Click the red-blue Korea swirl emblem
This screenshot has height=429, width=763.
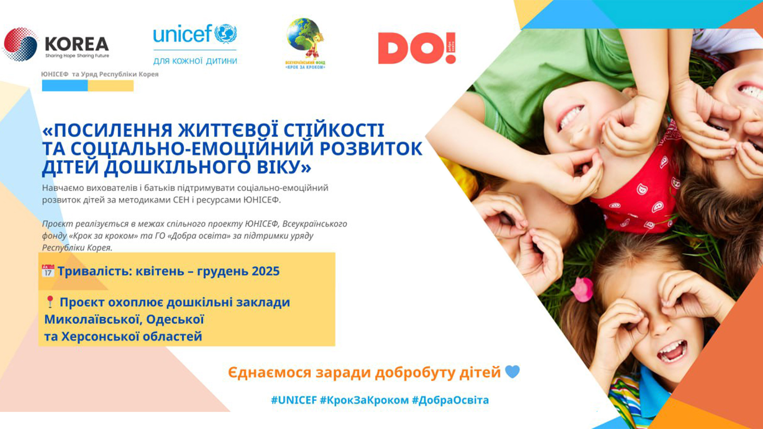[20, 44]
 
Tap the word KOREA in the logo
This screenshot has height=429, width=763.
[77, 44]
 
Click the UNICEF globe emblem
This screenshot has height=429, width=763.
[226, 33]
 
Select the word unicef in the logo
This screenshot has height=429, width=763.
[182, 34]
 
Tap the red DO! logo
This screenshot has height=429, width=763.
[417, 48]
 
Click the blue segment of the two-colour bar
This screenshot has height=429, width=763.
[65, 85]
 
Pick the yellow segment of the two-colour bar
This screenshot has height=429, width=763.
[110, 85]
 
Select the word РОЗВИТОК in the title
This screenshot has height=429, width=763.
[371, 149]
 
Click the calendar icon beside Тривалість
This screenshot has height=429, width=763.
[48, 271]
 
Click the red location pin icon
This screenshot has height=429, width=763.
[50, 301]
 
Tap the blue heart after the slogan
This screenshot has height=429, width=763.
[512, 372]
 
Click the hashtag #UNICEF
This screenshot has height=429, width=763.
[294, 400]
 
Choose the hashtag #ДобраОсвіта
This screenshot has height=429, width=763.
[450, 400]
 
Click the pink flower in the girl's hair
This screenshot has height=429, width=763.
[582, 289]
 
